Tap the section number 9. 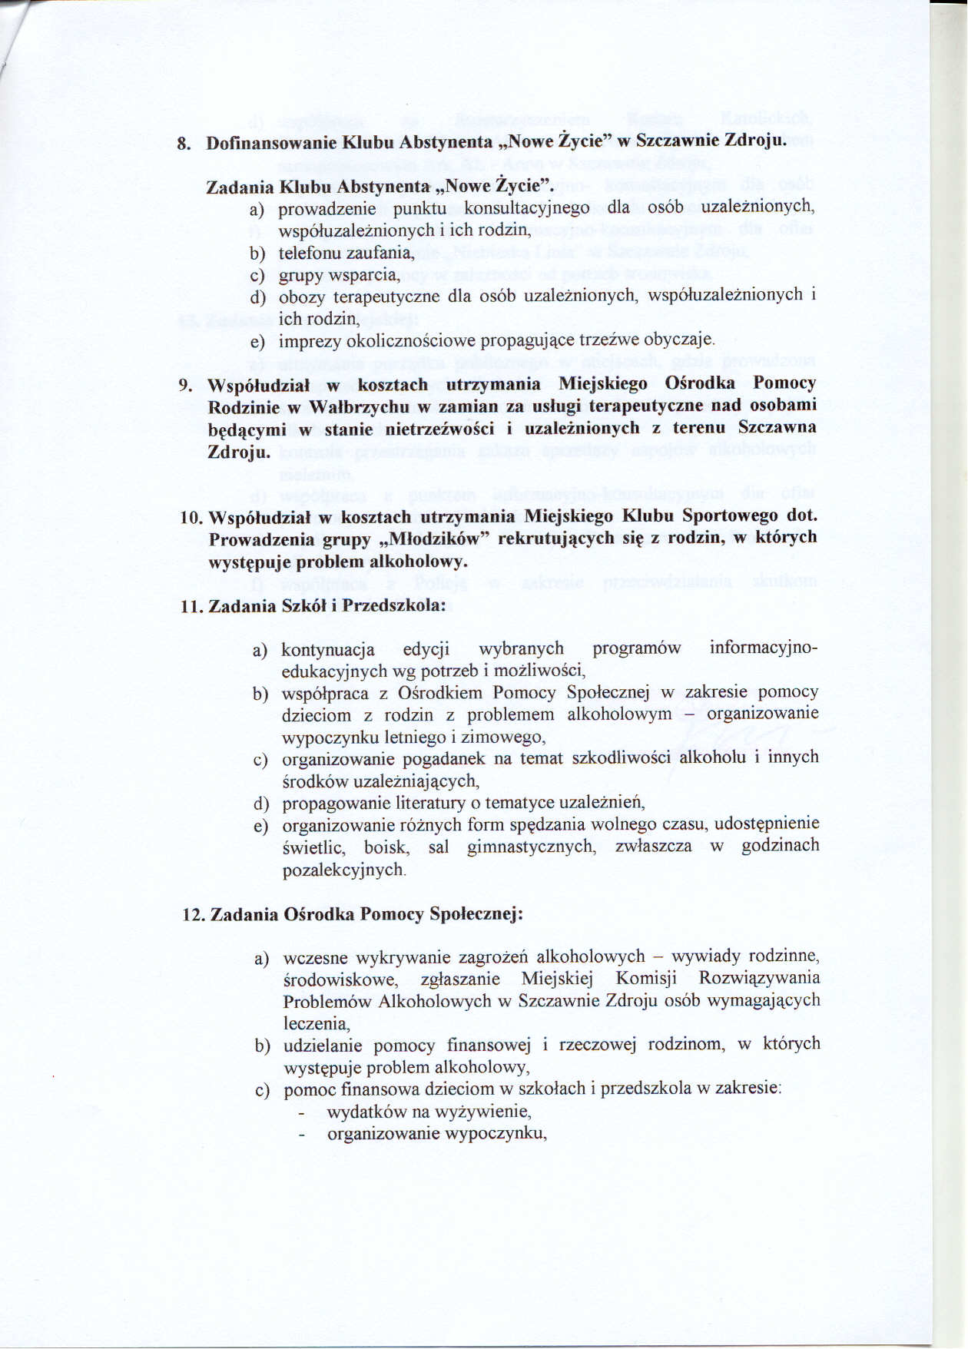pyautogui.click(x=184, y=385)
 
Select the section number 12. pyautogui.click(x=192, y=915)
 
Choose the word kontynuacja pyautogui.click(x=327, y=650)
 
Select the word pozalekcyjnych pyautogui.click(x=343, y=870)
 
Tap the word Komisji pyautogui.click(x=646, y=979)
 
